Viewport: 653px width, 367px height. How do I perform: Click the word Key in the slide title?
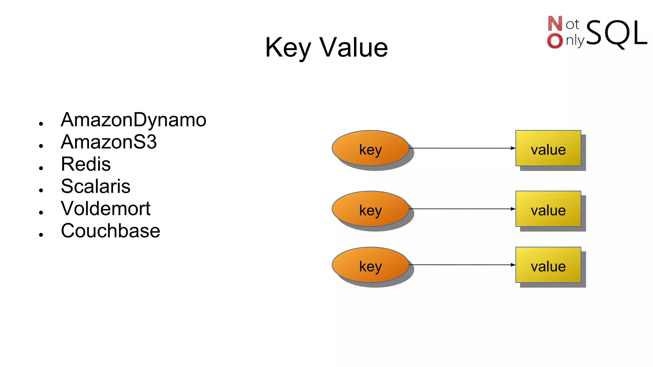[x=288, y=48]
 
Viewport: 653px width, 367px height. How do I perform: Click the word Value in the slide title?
[x=354, y=48]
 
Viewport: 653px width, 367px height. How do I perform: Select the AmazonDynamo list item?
[x=133, y=120]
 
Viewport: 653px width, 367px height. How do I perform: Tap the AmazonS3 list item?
[x=109, y=142]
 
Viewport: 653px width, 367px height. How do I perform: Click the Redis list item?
[x=86, y=164]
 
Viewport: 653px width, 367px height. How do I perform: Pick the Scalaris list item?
[x=96, y=186]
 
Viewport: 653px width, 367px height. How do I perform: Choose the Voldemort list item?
[x=106, y=209]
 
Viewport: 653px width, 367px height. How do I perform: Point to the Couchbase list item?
[x=110, y=231]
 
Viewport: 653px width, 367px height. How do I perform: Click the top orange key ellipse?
[x=370, y=148]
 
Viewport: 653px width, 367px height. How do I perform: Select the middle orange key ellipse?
[x=370, y=209]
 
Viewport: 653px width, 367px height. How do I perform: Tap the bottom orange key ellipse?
[x=370, y=265]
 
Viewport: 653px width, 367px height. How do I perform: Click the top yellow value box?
[x=548, y=148]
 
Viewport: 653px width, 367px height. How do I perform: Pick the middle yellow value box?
[x=548, y=209]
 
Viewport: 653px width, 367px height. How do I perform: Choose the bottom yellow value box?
[x=548, y=265]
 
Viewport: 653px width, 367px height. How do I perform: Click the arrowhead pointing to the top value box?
[x=513, y=148]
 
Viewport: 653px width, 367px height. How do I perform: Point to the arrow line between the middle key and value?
[x=462, y=209]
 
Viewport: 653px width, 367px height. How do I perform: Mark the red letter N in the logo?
[x=555, y=24]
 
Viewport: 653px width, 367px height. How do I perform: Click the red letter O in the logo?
[x=555, y=41]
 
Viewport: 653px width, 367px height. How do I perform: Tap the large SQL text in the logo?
[x=616, y=33]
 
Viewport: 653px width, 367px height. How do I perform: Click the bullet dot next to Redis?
[x=41, y=168]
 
